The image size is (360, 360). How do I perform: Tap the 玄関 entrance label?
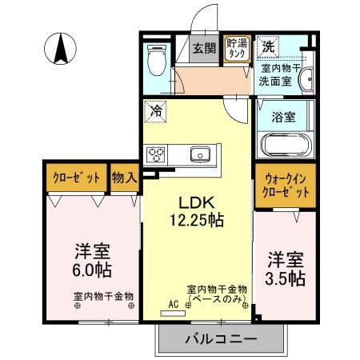(x=204, y=48)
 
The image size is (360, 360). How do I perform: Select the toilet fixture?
(x=157, y=59)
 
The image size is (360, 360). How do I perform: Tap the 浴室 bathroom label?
(x=285, y=116)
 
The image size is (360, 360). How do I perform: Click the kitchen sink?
(x=198, y=154)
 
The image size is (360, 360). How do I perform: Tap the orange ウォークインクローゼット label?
(x=285, y=187)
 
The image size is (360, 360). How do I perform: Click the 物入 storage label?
(x=124, y=178)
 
